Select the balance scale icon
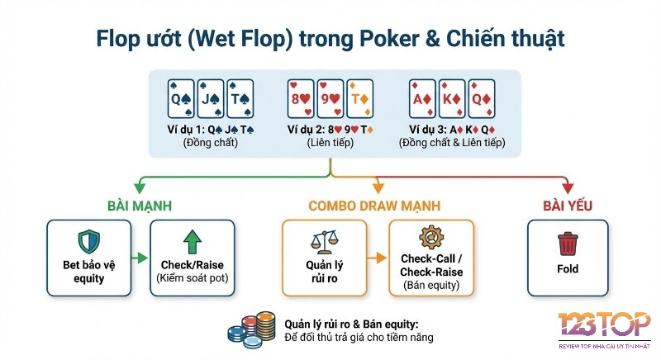point(324,243)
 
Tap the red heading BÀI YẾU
point(568,205)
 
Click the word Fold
point(568,269)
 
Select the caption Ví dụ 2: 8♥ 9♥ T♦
point(329,129)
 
